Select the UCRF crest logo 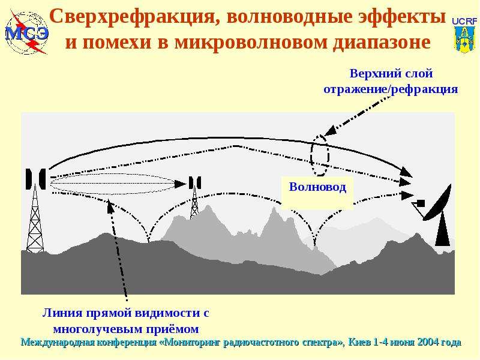pos(464,35)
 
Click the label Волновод pos(317,187)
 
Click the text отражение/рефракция pos(391,89)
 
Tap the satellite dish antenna pos(436,203)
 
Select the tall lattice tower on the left pos(35,218)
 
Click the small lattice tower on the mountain pos(194,203)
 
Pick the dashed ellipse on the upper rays pos(320,155)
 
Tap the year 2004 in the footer pos(427,342)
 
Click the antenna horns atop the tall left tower pos(36,179)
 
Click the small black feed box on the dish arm pos(421,203)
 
